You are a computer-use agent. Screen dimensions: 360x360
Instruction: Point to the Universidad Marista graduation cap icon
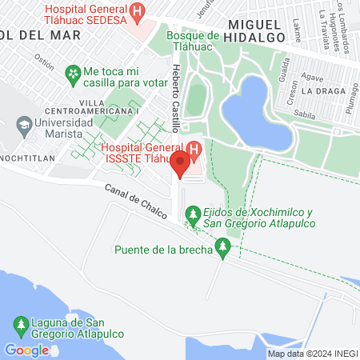point(25,126)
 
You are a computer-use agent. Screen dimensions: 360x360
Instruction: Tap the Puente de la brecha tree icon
point(225,250)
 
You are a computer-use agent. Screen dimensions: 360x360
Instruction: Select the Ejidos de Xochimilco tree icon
point(192,214)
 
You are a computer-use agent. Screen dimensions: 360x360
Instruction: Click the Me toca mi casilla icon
point(74,74)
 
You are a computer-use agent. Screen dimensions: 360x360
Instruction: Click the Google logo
point(26,350)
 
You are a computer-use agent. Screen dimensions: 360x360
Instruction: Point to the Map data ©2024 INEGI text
point(312,354)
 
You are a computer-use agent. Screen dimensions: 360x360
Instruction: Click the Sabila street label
point(304,114)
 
